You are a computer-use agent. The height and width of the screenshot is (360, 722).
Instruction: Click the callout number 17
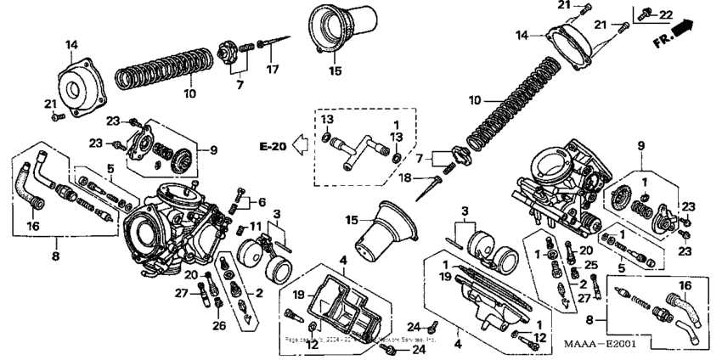point(272,68)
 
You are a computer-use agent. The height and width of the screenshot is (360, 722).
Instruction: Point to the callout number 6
point(262,202)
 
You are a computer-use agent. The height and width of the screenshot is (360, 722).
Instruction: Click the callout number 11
point(255,227)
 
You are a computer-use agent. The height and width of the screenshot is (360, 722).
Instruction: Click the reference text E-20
point(272,147)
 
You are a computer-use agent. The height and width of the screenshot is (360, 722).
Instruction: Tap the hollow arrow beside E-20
point(299,146)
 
